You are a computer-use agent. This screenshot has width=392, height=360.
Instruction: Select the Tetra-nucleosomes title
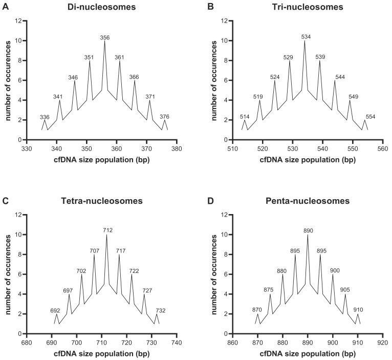106,201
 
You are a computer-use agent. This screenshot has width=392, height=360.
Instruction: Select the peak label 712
106,230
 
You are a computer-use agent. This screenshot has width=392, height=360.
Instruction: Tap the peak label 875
269,289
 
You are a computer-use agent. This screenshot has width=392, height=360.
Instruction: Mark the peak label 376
165,116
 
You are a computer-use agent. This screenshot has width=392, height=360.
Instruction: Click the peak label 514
245,116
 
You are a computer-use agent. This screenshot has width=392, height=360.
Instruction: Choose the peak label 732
161,310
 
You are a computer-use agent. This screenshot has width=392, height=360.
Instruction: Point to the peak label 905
345,289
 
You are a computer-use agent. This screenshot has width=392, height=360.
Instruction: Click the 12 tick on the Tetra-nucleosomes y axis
18,215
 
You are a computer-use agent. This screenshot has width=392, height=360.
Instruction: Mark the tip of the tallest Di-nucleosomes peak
105,41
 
